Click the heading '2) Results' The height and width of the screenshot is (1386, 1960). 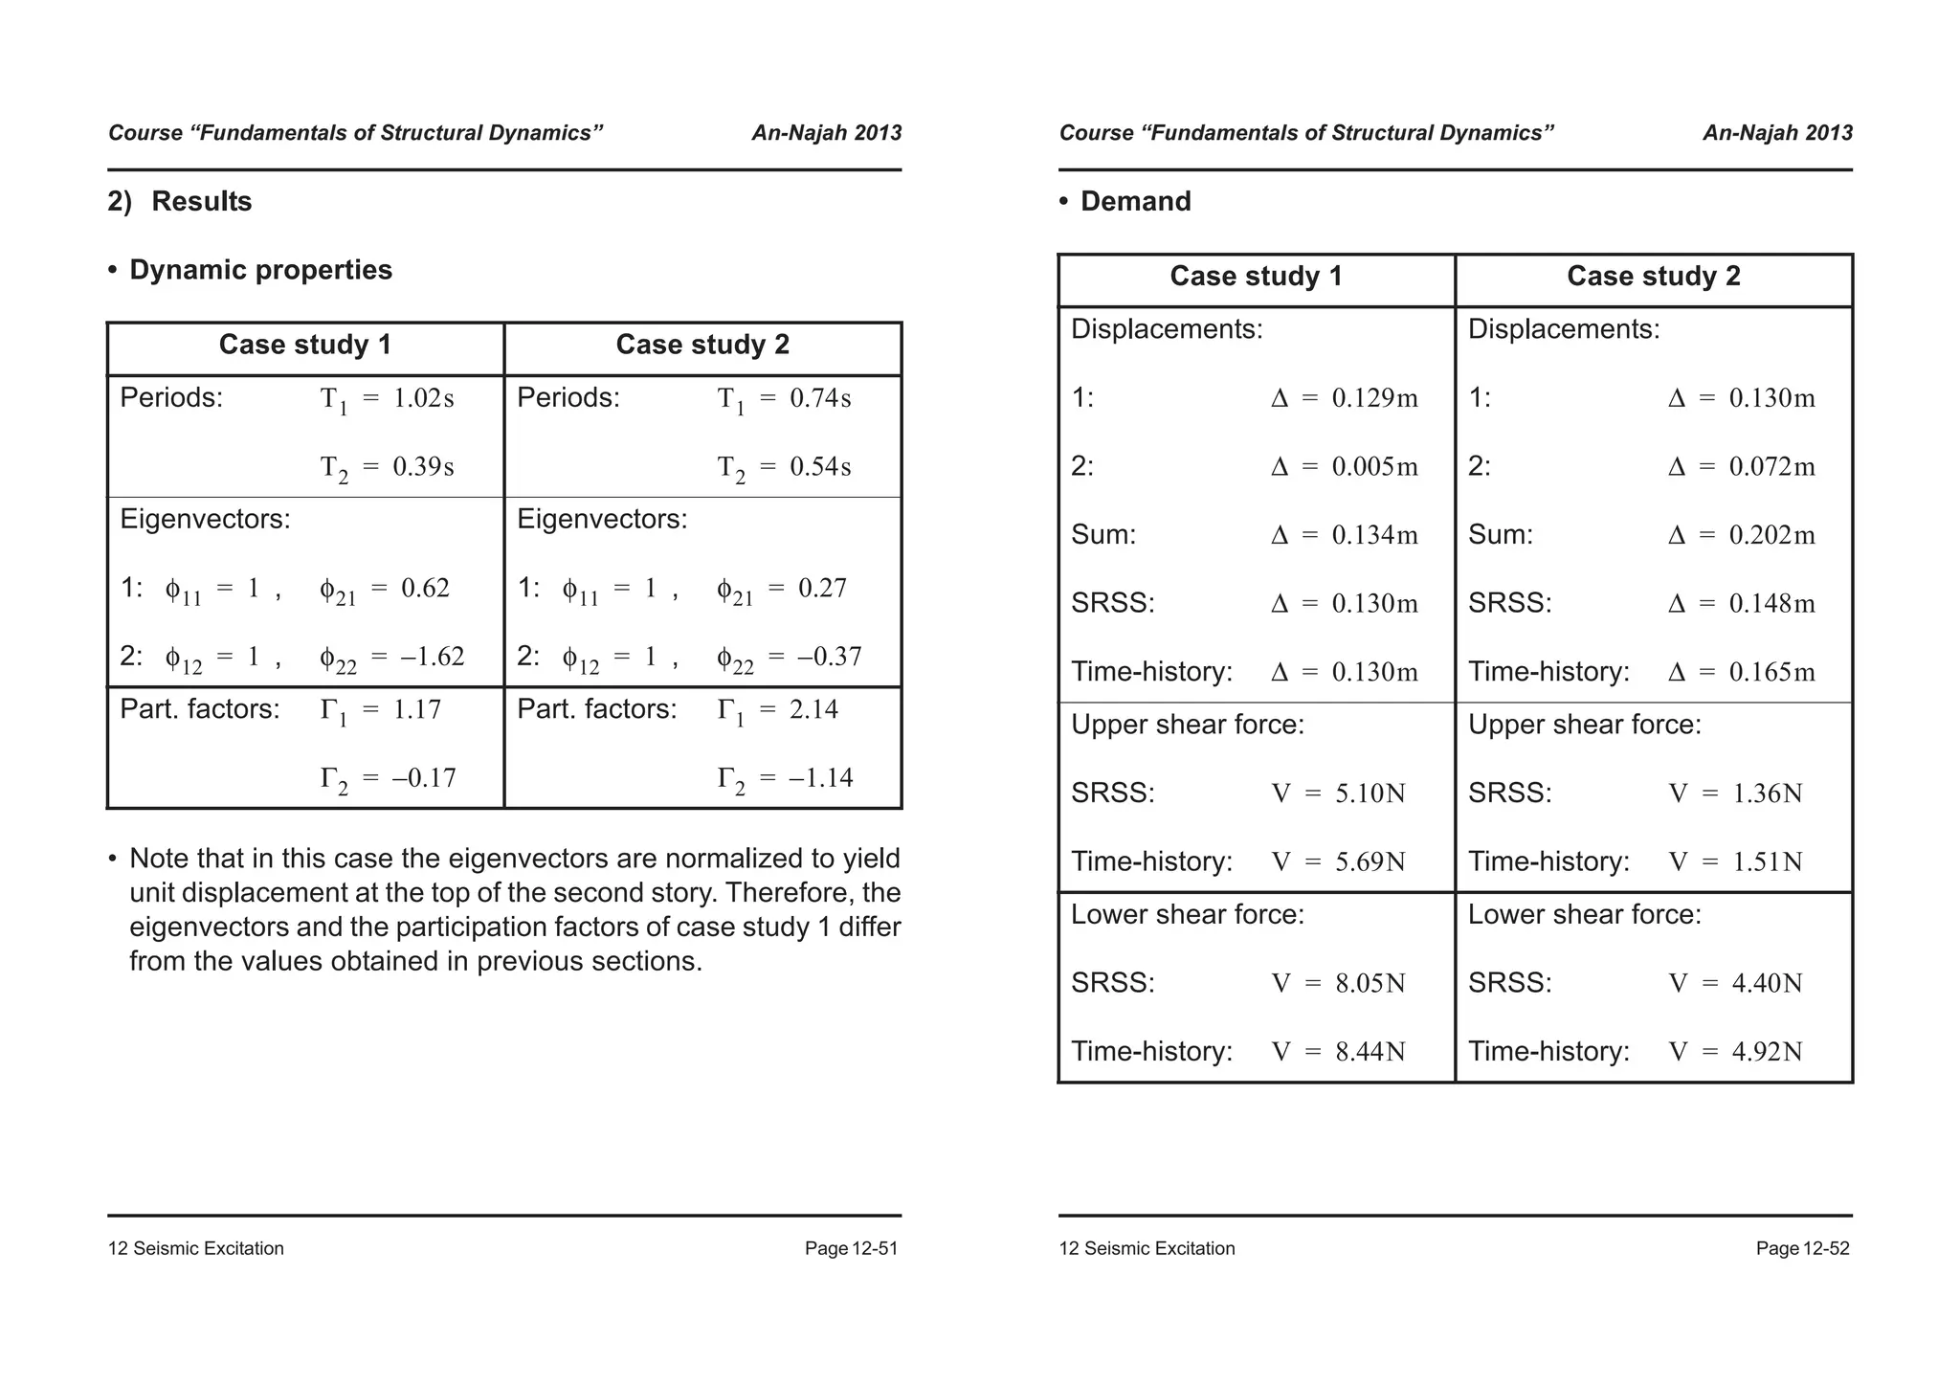click(x=180, y=201)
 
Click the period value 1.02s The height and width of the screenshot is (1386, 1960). click(x=424, y=398)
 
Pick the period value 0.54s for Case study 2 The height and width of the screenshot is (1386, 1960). click(x=820, y=467)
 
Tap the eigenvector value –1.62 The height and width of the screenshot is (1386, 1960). click(x=432, y=657)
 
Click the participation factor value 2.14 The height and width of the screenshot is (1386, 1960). click(x=813, y=709)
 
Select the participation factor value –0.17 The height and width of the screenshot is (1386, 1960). click(x=424, y=777)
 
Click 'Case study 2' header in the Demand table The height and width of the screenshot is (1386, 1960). click(x=1653, y=277)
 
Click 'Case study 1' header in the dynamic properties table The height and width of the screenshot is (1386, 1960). click(x=305, y=345)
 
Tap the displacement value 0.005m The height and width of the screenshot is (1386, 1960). click(x=1375, y=467)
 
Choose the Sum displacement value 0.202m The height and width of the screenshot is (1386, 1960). click(x=1771, y=535)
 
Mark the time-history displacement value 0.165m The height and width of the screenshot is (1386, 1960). click(x=1771, y=672)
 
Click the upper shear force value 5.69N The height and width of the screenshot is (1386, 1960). click(x=1370, y=861)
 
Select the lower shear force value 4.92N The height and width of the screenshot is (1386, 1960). click(x=1767, y=1052)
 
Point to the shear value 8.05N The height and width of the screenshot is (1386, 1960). click(x=1370, y=983)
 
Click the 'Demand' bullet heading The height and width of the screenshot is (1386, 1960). click(x=1135, y=201)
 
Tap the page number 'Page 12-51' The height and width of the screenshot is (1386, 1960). click(x=851, y=1248)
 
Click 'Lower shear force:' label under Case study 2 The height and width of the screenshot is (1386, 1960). click(x=1584, y=915)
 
